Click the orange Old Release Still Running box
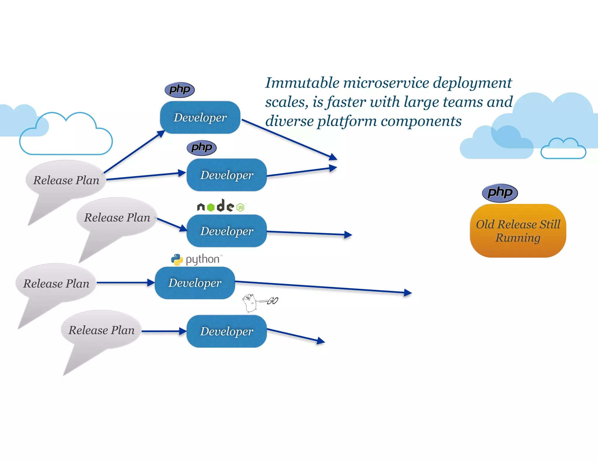(x=518, y=231)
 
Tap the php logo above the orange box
(x=500, y=193)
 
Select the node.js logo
(x=221, y=206)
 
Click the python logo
(x=197, y=259)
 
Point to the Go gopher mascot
(x=250, y=303)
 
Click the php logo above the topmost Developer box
(x=180, y=89)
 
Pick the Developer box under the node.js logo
(x=227, y=231)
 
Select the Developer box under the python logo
(x=195, y=283)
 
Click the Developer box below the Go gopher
(x=227, y=331)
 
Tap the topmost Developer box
(x=200, y=117)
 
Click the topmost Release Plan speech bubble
(x=66, y=180)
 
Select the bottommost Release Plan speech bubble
(x=101, y=330)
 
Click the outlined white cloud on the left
(x=66, y=137)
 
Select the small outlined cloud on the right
(x=563, y=150)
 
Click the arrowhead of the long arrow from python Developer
(x=408, y=293)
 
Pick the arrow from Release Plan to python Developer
(x=124, y=282)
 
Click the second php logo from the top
(x=201, y=147)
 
